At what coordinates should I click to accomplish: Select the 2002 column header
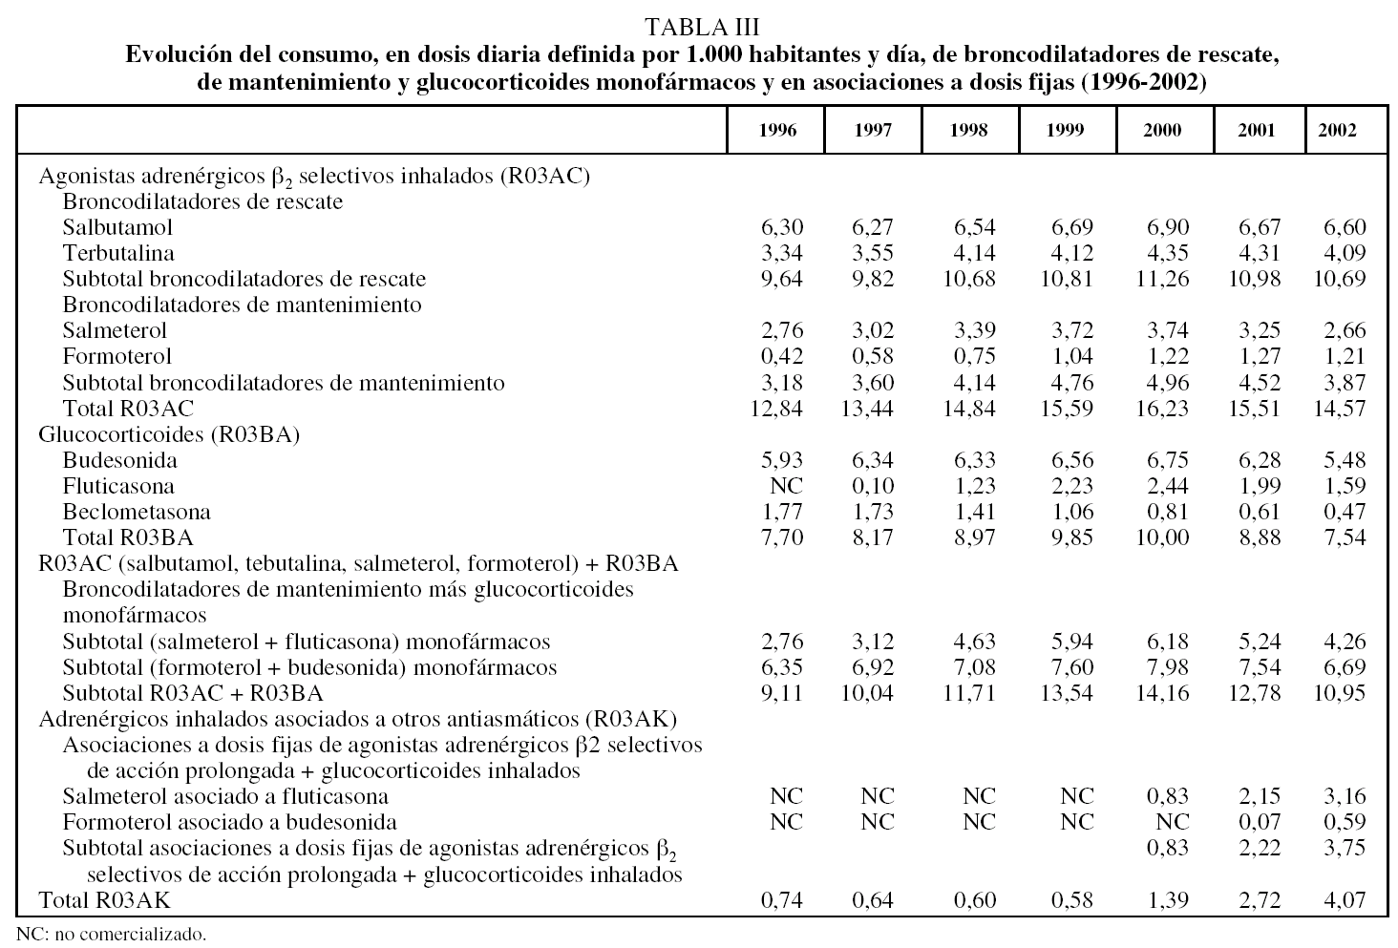[x=1337, y=131]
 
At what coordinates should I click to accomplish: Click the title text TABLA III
[x=702, y=25]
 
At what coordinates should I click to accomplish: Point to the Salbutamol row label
[x=117, y=227]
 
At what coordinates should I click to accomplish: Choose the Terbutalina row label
[x=118, y=253]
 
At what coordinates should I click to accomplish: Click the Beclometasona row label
[x=137, y=512]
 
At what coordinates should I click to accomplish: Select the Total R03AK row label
[x=105, y=899]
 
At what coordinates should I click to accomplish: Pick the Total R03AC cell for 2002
[x=1337, y=409]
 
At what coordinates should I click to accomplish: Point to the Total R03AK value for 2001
[x=1257, y=899]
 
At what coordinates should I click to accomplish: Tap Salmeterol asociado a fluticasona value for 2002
[x=1344, y=796]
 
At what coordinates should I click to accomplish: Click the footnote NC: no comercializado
[x=112, y=933]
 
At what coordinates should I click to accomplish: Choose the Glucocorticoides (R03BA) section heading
[x=169, y=434]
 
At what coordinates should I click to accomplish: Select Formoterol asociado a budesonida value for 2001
[x=1260, y=822]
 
